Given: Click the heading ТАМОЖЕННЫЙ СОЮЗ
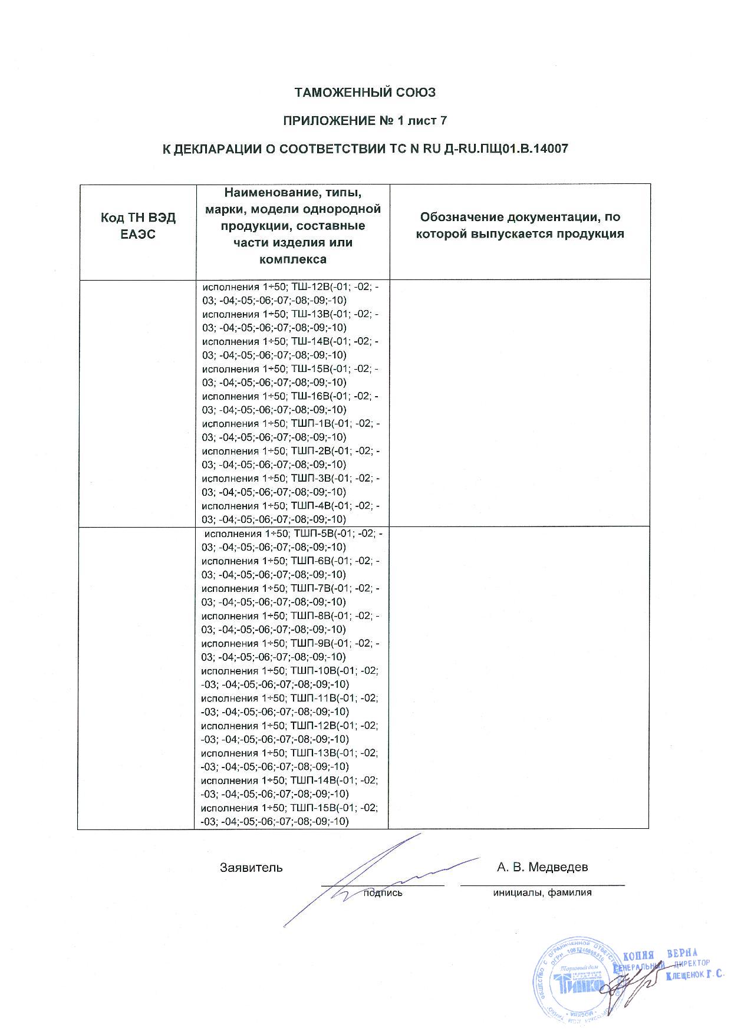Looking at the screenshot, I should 365,93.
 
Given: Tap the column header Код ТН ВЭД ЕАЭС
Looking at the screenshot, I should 138,225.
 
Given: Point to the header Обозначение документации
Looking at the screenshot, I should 520,217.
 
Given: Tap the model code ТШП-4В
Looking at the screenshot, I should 311,506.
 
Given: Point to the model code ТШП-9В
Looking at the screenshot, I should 311,643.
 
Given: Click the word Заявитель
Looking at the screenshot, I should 251,868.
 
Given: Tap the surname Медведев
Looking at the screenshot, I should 558,867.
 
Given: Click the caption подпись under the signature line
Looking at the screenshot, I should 383,893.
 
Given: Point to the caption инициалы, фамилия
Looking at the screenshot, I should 542,893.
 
